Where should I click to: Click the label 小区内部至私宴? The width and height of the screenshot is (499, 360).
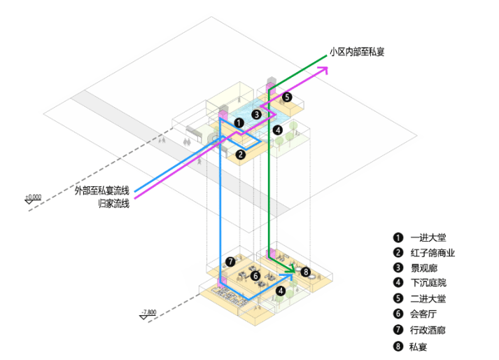357,52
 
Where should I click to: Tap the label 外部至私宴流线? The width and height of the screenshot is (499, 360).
102,191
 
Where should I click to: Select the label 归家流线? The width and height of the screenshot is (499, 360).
113,203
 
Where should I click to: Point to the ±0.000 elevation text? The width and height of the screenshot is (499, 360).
34,197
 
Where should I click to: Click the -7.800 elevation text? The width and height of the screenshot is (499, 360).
149,312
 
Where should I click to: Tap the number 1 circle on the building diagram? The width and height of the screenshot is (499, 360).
239,123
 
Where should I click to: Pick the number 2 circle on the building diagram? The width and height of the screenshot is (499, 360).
241,155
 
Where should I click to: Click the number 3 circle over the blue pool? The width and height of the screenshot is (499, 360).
257,114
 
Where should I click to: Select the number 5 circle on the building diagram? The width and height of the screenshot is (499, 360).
287,97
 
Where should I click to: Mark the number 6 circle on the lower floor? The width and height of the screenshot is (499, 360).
255,276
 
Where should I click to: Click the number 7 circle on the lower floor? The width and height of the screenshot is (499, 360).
230,262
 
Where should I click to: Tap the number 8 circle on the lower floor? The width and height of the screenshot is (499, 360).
306,272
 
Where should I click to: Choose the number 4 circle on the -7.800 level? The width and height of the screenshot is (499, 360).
281,291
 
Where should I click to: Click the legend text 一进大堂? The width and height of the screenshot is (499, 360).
428,237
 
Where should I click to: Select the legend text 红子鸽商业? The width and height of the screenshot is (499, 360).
433,253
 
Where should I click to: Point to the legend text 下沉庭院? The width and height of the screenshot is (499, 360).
428,283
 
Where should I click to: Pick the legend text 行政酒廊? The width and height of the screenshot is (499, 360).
428,330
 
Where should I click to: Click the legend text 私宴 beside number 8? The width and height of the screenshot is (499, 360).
419,347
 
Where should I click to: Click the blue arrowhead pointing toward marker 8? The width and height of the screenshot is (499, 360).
288,276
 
